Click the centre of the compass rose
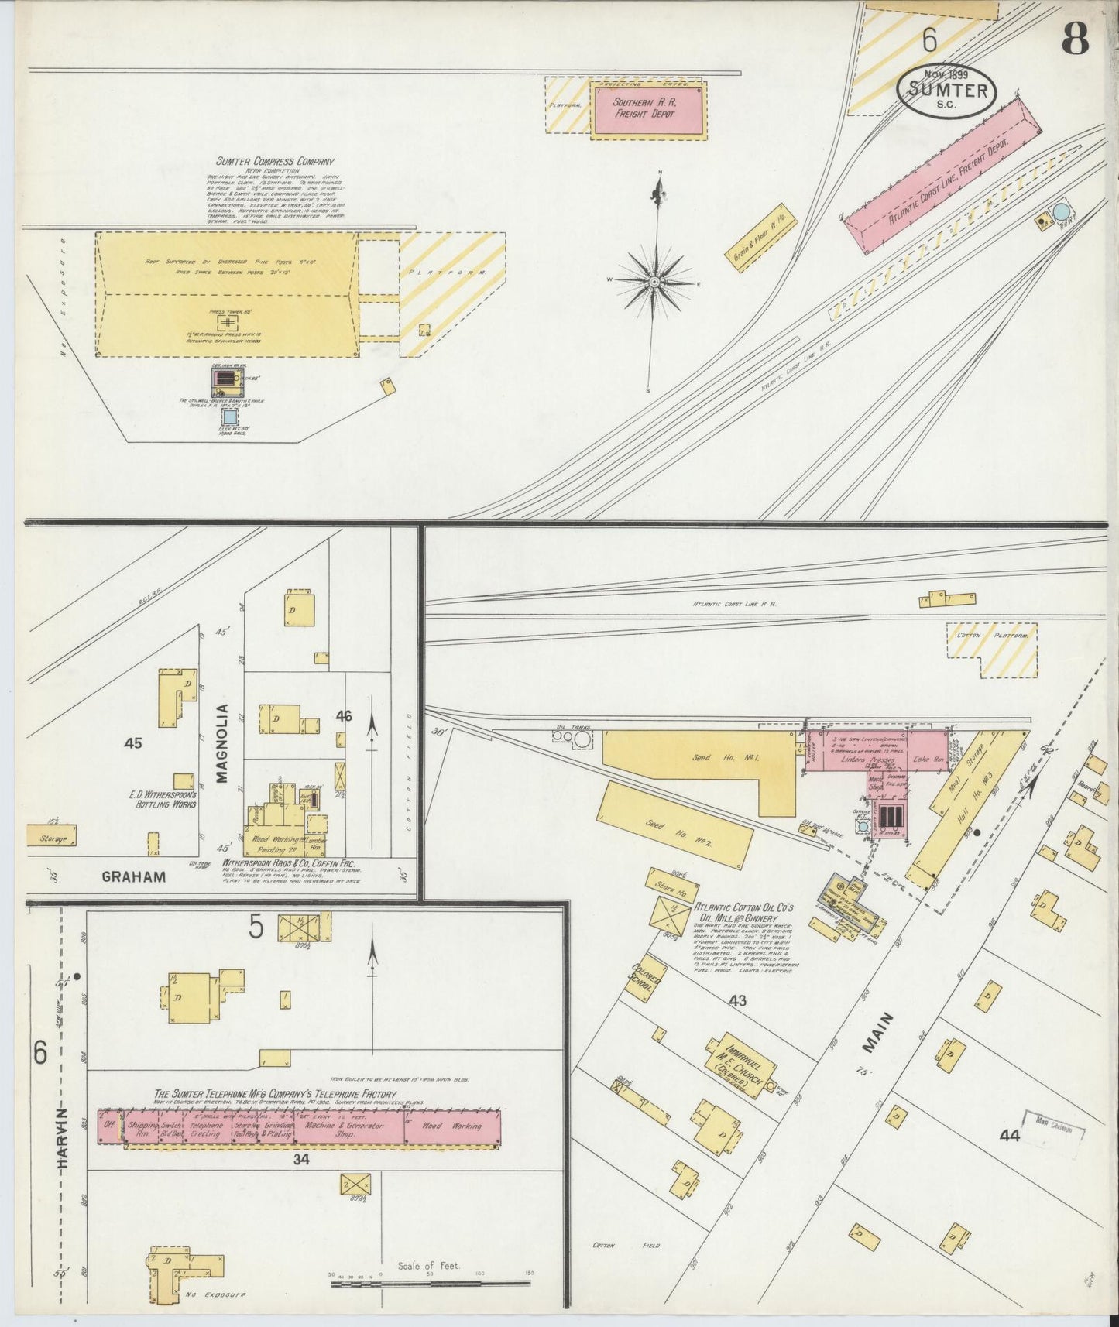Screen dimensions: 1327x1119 point(654,281)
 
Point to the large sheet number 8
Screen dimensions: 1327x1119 point(1076,38)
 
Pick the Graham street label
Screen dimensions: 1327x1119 point(134,877)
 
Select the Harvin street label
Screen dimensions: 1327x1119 point(64,1143)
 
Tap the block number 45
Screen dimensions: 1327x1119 point(133,743)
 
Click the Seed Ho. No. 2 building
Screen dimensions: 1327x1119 point(674,825)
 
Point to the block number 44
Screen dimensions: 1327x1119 point(1009,1136)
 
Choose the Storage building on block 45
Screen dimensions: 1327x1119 point(52,836)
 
